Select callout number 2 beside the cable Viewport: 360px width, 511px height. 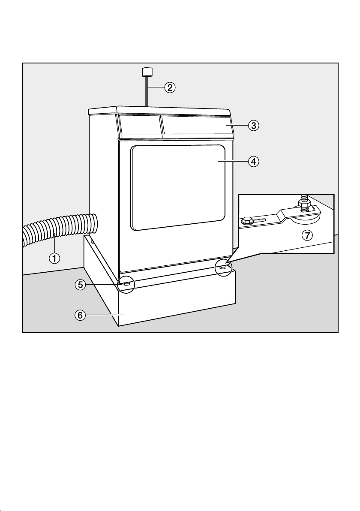coord(170,88)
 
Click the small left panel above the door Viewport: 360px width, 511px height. coord(138,126)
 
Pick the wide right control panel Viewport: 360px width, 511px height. coord(197,126)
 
